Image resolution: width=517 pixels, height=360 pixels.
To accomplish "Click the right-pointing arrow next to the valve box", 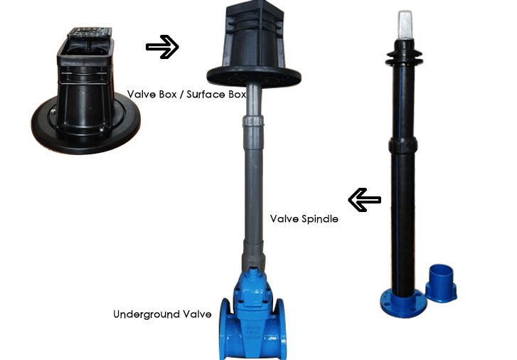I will pos(162,47).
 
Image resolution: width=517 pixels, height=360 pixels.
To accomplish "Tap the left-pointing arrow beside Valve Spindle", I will pos(363,199).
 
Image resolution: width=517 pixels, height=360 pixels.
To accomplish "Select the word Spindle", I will pos(319,219).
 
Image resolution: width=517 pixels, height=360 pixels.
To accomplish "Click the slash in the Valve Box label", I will pos(182,94).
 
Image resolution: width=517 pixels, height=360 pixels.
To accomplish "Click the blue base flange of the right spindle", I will pos(398,302).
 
